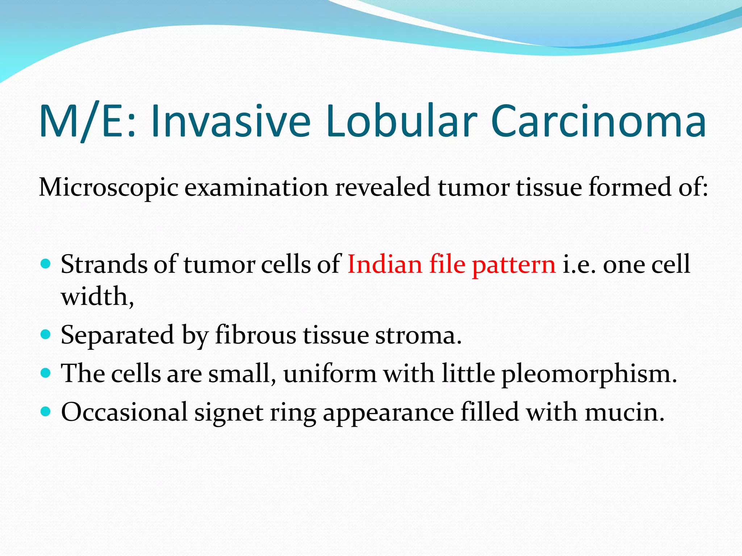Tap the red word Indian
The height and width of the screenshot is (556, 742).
(385, 264)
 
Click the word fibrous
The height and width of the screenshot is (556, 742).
(255, 335)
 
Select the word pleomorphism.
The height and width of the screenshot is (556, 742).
(589, 374)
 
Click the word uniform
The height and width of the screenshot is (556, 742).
(330, 374)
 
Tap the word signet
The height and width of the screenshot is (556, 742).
(229, 413)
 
